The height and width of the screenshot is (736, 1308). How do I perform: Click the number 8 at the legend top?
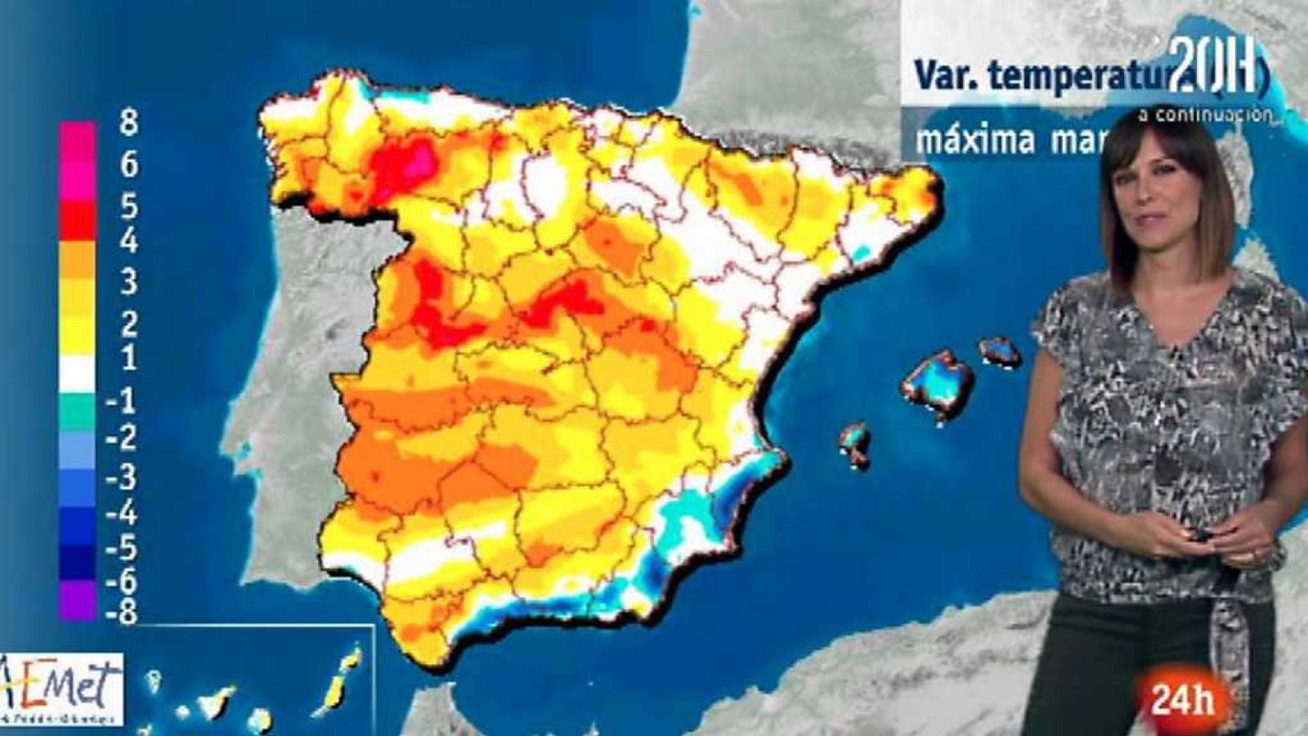click(128, 123)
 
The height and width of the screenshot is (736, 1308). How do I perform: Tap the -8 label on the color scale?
click(122, 612)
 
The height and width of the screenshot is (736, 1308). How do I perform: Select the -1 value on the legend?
click(122, 401)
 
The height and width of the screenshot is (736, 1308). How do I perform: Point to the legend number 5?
click(128, 206)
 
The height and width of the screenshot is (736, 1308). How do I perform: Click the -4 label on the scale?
click(122, 514)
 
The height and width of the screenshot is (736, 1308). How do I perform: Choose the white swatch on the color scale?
click(77, 374)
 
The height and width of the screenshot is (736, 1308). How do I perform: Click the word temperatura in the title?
click(1079, 76)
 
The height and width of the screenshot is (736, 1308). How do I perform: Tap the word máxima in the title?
click(974, 140)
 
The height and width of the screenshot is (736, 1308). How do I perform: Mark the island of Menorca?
click(1001, 352)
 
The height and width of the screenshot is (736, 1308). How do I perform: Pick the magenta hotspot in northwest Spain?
click(420, 159)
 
